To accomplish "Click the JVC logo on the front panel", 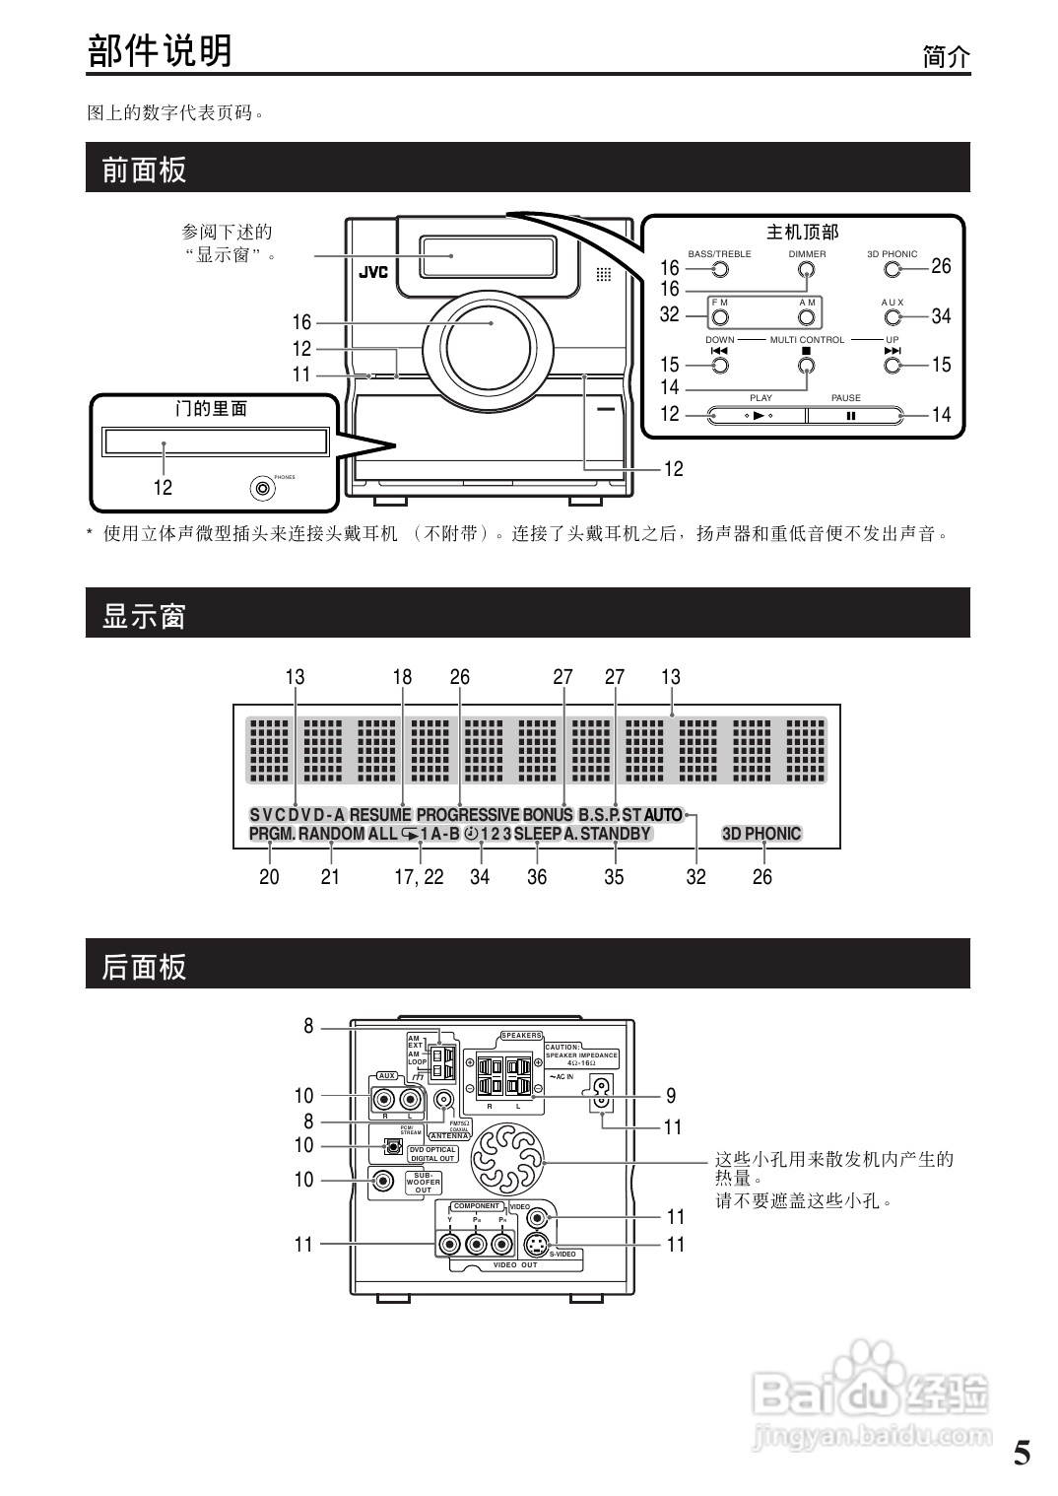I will (x=372, y=273).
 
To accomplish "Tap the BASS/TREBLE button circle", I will (x=720, y=269).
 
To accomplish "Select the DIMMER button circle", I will (x=807, y=269).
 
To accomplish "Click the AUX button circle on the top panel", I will (x=893, y=317).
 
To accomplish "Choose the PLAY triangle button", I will (x=758, y=415).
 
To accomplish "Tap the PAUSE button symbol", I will (x=850, y=415).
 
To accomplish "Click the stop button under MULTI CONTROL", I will (x=807, y=366).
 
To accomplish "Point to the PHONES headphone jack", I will (x=262, y=488).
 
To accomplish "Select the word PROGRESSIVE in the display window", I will (x=467, y=815).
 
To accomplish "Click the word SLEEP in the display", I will (x=537, y=834).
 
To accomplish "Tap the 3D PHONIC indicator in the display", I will (x=761, y=834).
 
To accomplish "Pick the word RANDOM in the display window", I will (x=331, y=834).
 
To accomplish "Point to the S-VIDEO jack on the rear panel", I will (x=537, y=1243).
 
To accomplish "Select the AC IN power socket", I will (x=600, y=1088).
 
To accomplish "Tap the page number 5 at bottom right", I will (x=1022, y=1452).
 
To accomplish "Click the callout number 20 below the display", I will (x=269, y=877).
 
